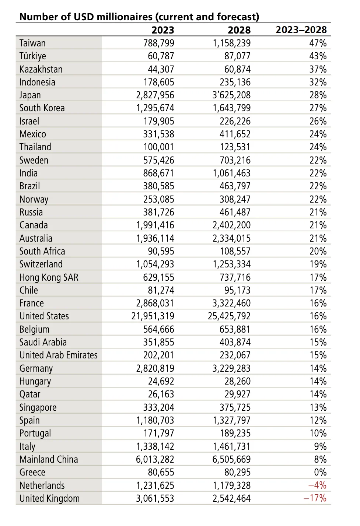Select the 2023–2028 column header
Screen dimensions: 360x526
coord(301,30)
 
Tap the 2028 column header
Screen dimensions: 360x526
coord(239,30)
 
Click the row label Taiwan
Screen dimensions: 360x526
coord(32,43)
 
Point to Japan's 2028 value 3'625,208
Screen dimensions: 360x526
coord(231,95)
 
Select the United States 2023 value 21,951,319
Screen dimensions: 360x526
coord(153,316)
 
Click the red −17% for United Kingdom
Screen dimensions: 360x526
coord(315,498)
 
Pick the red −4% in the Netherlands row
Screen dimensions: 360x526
coord(317,485)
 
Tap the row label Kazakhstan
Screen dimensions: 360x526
coord(41,69)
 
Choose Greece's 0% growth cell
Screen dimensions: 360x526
coord(320,472)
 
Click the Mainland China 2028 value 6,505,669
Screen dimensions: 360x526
coord(231,459)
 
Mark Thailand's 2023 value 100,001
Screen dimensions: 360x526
coord(159,147)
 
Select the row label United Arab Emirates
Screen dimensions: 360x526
coord(58,355)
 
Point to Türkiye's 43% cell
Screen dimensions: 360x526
coord(318,56)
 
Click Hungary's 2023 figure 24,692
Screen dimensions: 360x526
coord(161,381)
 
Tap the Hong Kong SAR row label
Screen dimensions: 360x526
coord(49,277)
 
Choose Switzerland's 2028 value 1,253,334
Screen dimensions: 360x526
coord(231,264)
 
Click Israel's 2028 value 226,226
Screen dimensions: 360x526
coord(235,121)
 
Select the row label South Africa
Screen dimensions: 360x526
coord(42,251)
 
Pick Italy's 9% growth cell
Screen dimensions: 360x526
coord(320,446)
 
